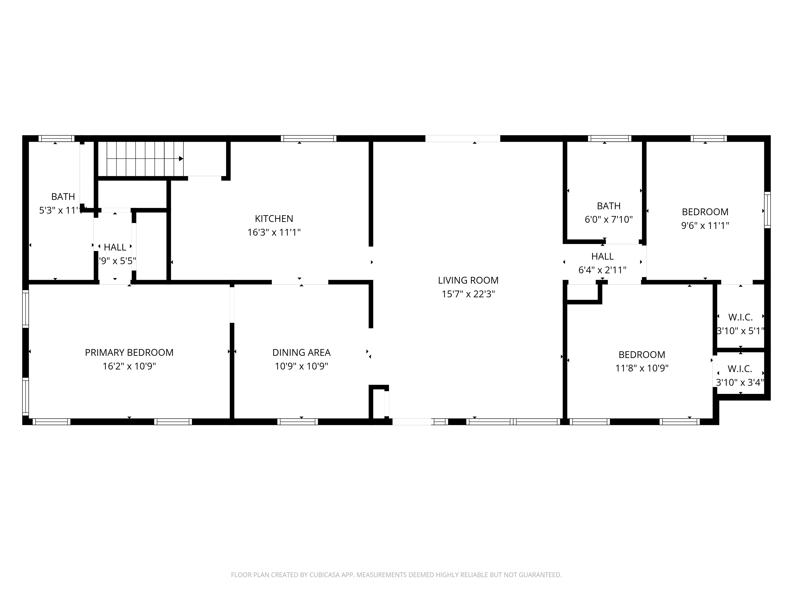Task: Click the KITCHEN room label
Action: [274, 218]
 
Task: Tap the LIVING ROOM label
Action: [468, 280]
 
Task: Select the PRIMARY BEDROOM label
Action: [129, 352]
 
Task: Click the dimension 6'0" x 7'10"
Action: [609, 220]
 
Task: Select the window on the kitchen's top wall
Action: [308, 138]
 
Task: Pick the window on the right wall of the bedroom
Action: [767, 210]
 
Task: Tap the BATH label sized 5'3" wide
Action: [63, 197]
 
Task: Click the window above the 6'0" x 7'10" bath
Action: [609, 138]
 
